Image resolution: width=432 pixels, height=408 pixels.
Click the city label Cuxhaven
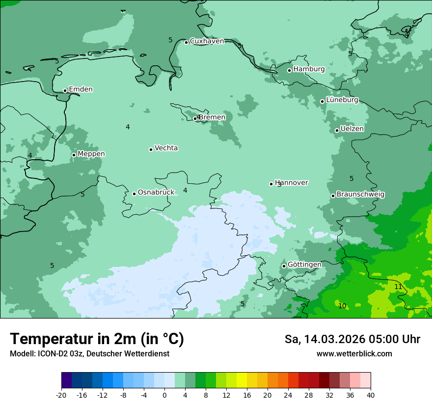(207, 41)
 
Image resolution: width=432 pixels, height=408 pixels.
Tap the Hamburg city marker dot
(290, 70)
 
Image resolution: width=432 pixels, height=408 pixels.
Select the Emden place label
(81, 89)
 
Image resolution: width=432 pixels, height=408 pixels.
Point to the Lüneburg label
(342, 100)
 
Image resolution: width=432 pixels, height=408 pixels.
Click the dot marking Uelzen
(337, 130)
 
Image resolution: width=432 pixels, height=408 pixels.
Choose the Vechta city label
(166, 148)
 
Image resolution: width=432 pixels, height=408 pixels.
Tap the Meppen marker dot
(74, 155)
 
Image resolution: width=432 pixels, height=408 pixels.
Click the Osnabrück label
(156, 192)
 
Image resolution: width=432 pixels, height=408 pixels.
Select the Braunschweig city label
(360, 194)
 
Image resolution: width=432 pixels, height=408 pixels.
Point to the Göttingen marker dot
(284, 266)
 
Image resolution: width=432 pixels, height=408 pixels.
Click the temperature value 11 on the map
(398, 287)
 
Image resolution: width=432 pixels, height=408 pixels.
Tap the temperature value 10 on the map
(342, 306)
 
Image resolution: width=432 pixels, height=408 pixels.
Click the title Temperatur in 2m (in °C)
(97, 339)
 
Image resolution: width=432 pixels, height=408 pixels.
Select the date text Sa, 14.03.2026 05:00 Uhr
(352, 339)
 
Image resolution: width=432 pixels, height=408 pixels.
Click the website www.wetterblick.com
(354, 354)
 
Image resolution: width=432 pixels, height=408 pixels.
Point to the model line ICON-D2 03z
(89, 354)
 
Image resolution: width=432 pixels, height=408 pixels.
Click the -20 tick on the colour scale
(61, 395)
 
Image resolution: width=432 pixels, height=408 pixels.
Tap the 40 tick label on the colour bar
(371, 395)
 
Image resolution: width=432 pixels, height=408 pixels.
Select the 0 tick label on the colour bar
(164, 395)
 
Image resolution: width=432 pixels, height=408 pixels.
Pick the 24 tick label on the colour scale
(288, 395)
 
